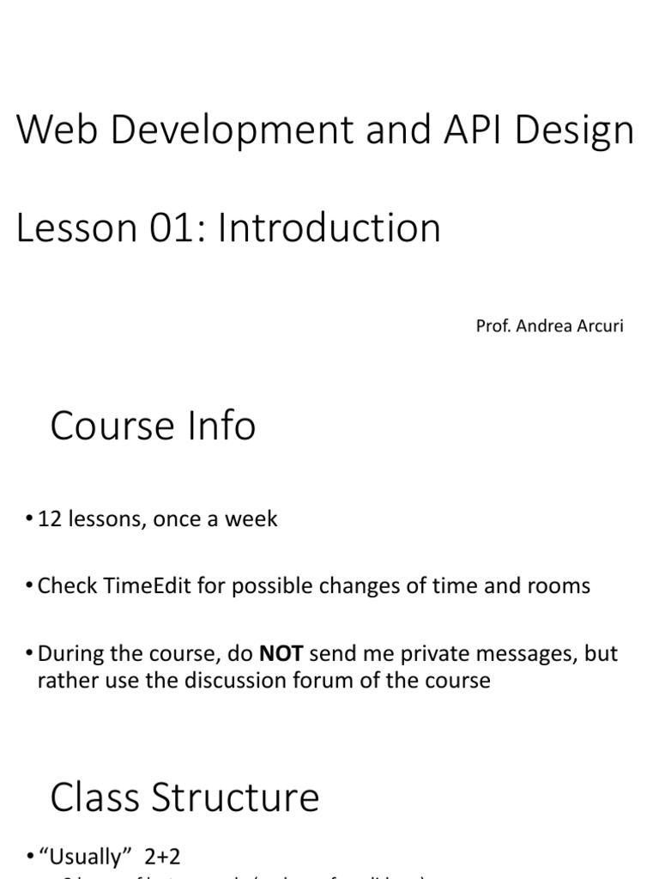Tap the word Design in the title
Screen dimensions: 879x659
coord(575,130)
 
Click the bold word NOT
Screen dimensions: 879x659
coord(281,654)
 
